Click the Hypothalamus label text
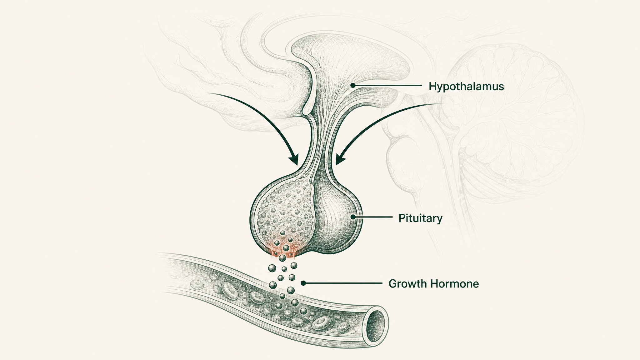pyautogui.click(x=466, y=86)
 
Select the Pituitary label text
pyautogui.click(x=420, y=218)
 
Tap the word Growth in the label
pyautogui.click(x=408, y=284)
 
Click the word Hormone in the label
pyautogui.click(x=455, y=284)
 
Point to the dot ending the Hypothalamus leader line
pyautogui.click(x=353, y=85)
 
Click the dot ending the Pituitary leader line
pyautogui.click(x=353, y=217)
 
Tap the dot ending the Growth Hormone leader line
pyautogui.click(x=303, y=283)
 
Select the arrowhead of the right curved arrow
pyautogui.click(x=340, y=160)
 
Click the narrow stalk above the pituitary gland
pyautogui.click(x=320, y=137)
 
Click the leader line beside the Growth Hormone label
pyautogui.click(x=343, y=283)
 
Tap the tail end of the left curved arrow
pyautogui.click(x=210, y=93)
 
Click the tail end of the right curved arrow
pyautogui.click(x=442, y=103)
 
